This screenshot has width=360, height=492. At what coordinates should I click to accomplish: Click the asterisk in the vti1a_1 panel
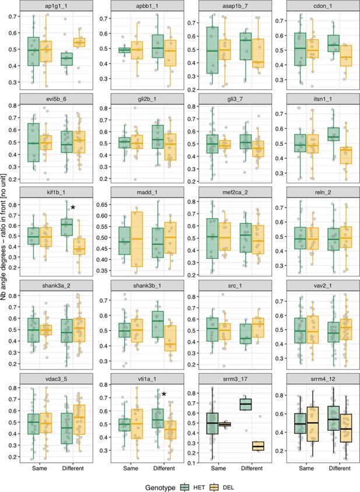pyautogui.click(x=164, y=395)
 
